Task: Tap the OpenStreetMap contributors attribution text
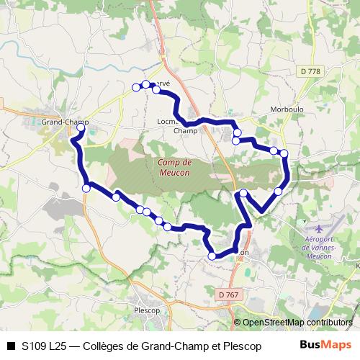pos(297,323)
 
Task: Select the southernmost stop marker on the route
pos(212,256)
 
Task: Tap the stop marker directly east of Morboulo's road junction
pos(284,153)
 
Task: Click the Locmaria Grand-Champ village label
pos(177,127)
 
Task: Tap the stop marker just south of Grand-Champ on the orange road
pos(86,187)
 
